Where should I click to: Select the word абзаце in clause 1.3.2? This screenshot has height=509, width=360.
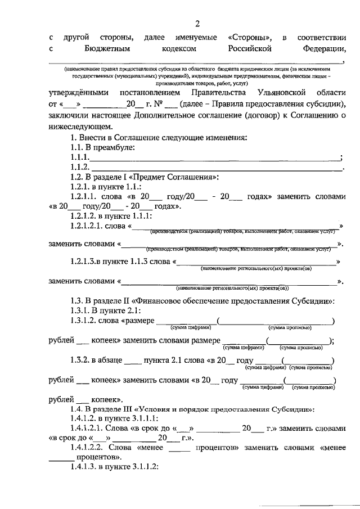tap(108, 361)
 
